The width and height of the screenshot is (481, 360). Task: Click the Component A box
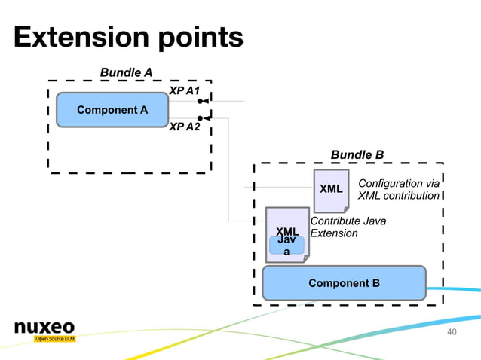click(x=112, y=110)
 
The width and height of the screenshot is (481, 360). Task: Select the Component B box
click(x=344, y=283)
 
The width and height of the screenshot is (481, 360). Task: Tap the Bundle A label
click(x=127, y=72)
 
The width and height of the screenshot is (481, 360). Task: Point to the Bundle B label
click(x=357, y=155)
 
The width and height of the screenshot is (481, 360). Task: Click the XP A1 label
click(x=184, y=91)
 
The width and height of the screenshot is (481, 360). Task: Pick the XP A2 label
click(x=184, y=127)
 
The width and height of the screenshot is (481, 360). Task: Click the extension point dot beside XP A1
click(x=199, y=101)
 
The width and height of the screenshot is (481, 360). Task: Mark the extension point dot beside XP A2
click(x=199, y=117)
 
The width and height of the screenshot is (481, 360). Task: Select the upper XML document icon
click(x=331, y=190)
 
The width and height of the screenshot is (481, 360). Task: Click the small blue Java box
click(x=286, y=246)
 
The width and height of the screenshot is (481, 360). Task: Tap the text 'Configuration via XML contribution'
click(x=398, y=190)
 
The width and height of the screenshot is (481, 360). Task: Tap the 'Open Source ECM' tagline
click(x=54, y=339)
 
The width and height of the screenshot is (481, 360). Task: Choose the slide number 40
click(x=452, y=332)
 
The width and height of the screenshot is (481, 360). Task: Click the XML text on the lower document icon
click(x=287, y=231)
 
